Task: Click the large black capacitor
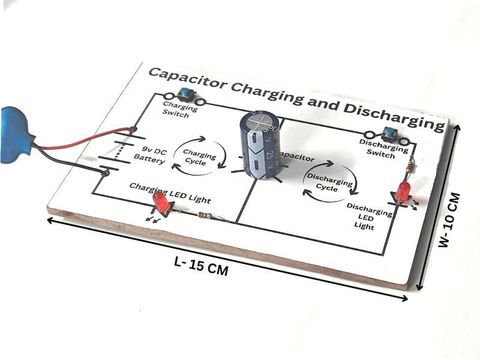(258, 145)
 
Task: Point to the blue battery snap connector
(14, 131)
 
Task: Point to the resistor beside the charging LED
(205, 214)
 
